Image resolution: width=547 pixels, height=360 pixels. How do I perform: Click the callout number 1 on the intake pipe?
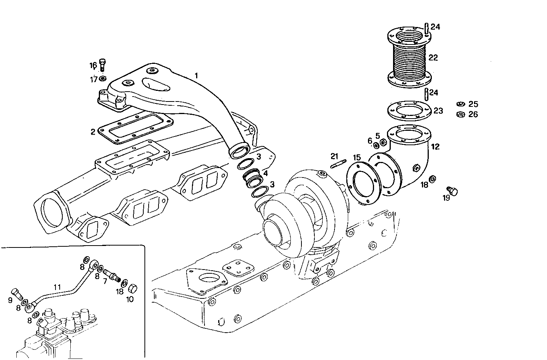tap(196, 76)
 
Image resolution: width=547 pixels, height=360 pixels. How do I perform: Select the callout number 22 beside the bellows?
tap(433, 58)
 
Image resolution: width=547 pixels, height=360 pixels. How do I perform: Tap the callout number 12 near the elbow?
tap(435, 146)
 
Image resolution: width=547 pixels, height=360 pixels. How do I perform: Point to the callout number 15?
tap(357, 157)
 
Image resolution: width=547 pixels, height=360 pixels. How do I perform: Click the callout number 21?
tap(334, 156)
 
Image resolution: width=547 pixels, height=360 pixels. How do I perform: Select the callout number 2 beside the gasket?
tap(93, 132)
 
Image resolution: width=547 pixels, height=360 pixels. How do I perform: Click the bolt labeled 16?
tap(102, 65)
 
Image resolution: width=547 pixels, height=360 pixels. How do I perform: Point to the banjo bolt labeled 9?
tap(17, 293)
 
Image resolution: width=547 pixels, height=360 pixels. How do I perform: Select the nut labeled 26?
tap(460, 114)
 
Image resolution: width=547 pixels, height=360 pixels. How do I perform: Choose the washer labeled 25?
tap(460, 104)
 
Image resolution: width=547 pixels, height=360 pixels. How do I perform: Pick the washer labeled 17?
tap(102, 79)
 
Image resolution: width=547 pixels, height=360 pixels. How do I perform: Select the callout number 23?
tap(438, 111)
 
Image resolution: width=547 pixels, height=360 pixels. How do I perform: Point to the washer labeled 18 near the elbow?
tap(433, 179)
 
